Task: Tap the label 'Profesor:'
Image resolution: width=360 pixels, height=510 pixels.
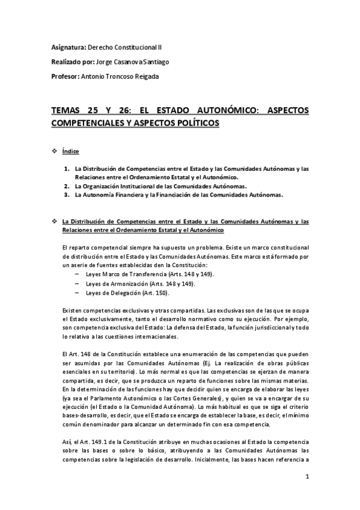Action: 66,76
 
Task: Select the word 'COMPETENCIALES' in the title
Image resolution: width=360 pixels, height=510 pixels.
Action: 91,123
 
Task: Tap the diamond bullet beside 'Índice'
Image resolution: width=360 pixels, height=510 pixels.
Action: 55,152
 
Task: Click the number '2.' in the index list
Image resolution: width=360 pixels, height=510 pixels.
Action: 67,186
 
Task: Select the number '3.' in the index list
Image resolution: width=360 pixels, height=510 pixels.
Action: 67,195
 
